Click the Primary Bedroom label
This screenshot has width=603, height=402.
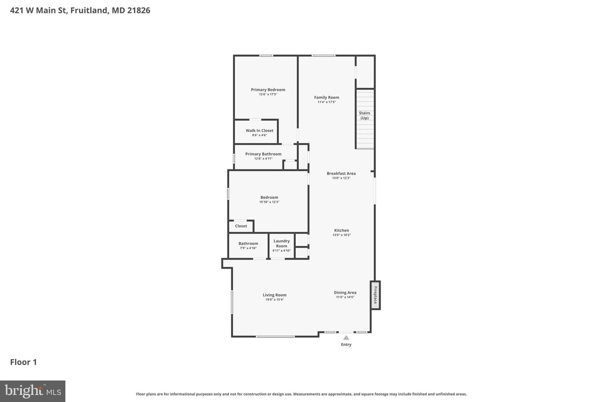click(x=268, y=90)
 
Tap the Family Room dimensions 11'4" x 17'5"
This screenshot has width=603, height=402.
click(x=327, y=102)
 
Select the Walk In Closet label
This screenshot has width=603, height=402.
click(x=260, y=131)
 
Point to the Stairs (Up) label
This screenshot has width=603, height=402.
click(x=364, y=116)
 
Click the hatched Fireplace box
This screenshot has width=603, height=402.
click(x=375, y=295)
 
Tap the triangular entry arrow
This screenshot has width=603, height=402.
click(x=346, y=338)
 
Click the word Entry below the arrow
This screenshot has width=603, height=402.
click(x=346, y=344)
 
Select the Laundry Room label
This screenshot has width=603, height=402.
click(x=281, y=243)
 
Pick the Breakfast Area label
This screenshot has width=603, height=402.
click(x=341, y=173)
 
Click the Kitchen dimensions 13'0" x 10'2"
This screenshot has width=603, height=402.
click(x=342, y=235)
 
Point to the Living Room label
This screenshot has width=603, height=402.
click(x=275, y=295)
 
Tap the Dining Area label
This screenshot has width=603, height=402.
click(x=345, y=293)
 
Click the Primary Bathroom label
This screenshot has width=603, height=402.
click(x=263, y=154)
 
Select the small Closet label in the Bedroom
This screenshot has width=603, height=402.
click(x=241, y=226)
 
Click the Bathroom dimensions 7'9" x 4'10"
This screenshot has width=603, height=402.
click(x=248, y=248)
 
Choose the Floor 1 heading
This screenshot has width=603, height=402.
click(x=23, y=362)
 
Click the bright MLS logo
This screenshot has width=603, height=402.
click(x=33, y=391)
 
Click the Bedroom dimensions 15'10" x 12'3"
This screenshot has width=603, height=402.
click(x=269, y=202)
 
